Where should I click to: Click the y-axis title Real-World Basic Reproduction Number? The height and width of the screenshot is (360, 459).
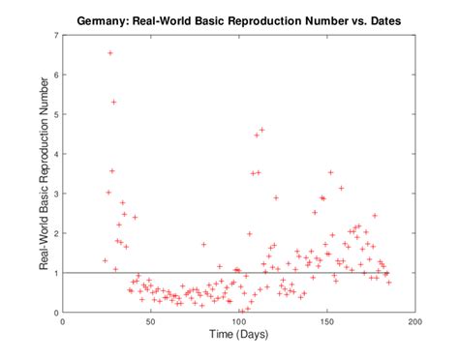[44, 174]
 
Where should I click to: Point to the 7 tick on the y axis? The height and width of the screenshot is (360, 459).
[56, 36]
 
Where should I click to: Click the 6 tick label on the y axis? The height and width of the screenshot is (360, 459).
[56, 75]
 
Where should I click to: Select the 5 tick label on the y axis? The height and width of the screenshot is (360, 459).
[56, 114]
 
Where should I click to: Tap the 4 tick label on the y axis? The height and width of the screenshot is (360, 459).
[56, 154]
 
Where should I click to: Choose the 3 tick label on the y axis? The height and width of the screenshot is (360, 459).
[56, 194]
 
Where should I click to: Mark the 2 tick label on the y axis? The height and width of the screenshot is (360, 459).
[56, 233]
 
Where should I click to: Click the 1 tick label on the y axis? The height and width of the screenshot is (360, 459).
[56, 273]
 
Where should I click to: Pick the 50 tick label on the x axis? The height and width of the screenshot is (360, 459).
[151, 322]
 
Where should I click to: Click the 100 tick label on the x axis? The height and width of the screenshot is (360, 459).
[239, 322]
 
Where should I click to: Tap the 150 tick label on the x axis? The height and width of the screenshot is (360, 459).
[327, 322]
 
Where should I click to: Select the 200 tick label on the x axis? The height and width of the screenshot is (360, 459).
[415, 322]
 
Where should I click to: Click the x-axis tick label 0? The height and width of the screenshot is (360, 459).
[63, 322]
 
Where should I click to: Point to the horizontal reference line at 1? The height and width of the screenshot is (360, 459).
[291, 273]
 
